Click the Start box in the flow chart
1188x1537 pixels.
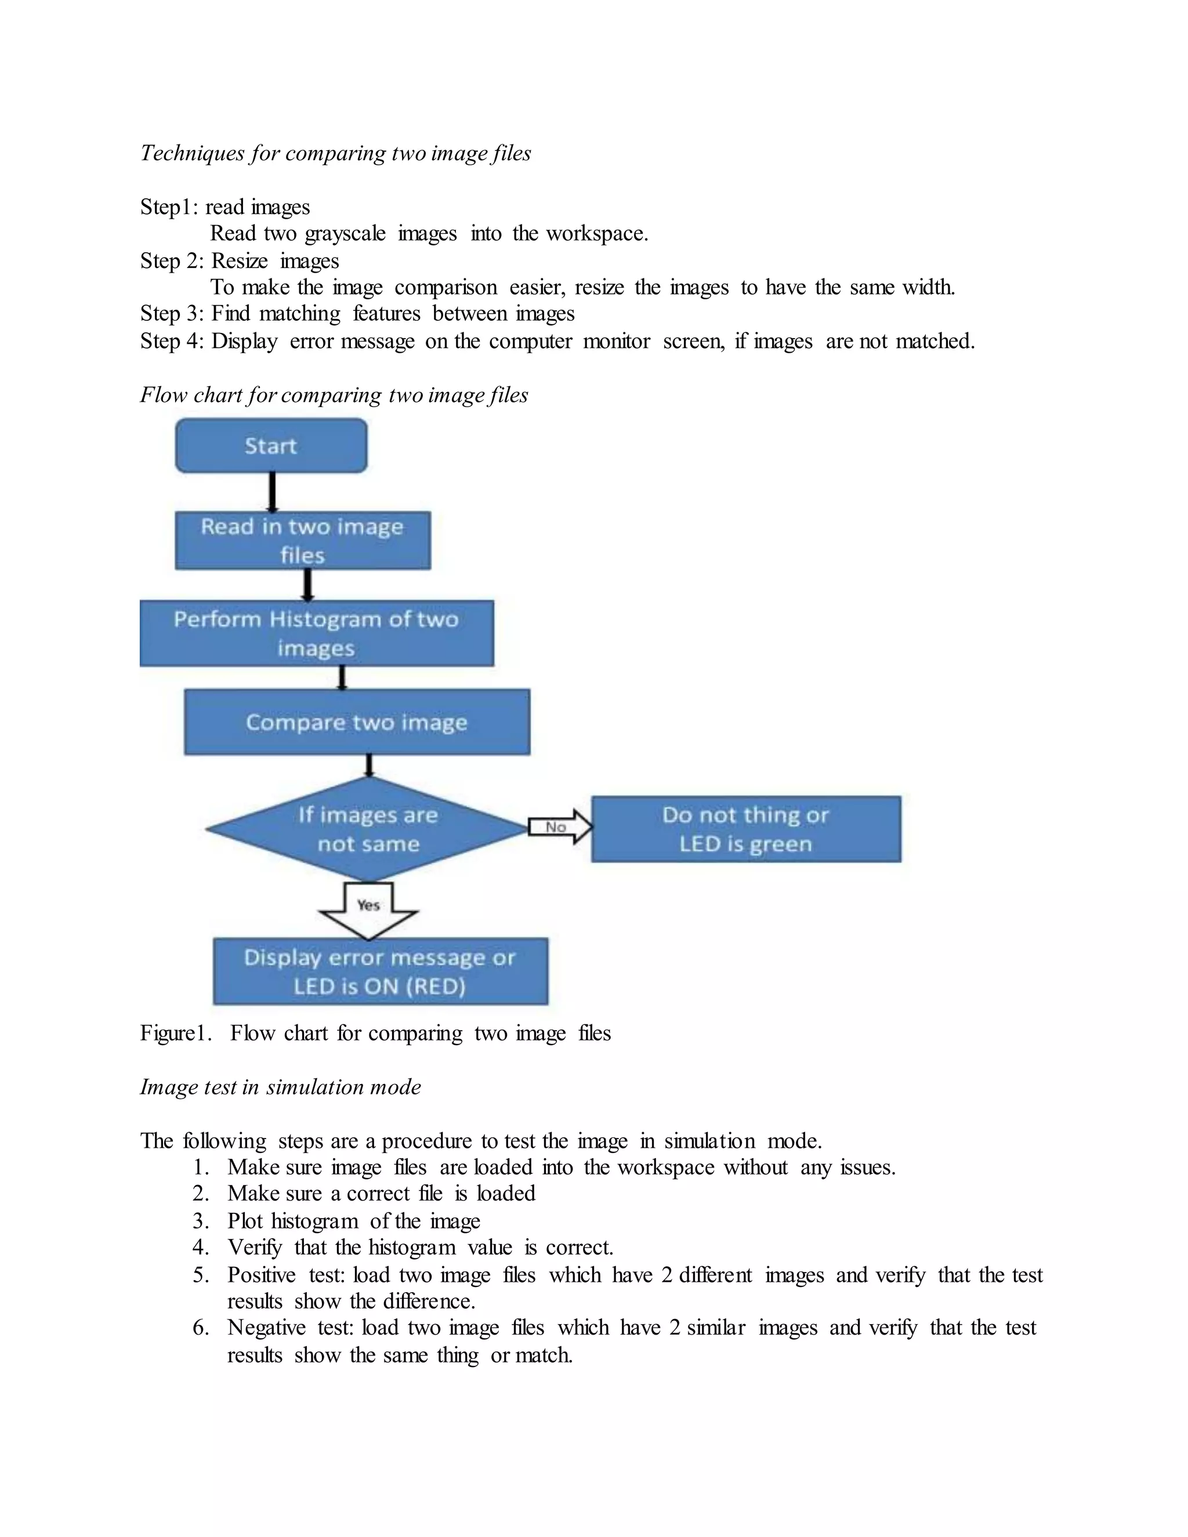[x=271, y=445]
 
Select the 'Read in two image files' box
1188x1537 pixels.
[x=303, y=541]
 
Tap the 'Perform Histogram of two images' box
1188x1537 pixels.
[x=317, y=633]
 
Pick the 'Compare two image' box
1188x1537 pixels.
[x=357, y=722]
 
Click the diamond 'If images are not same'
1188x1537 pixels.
[x=367, y=829]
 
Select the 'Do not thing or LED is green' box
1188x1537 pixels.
[x=746, y=829]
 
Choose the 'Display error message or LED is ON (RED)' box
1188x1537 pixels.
[x=380, y=971]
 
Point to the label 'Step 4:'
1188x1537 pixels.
[x=172, y=341]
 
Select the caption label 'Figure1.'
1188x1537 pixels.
[x=176, y=1033]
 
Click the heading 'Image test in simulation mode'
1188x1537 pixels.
[x=280, y=1087]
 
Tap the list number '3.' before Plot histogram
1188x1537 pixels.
[x=201, y=1221]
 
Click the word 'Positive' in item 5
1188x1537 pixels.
[x=261, y=1275]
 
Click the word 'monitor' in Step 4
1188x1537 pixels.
[x=617, y=341]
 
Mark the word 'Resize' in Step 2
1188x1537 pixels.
[x=240, y=261]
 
